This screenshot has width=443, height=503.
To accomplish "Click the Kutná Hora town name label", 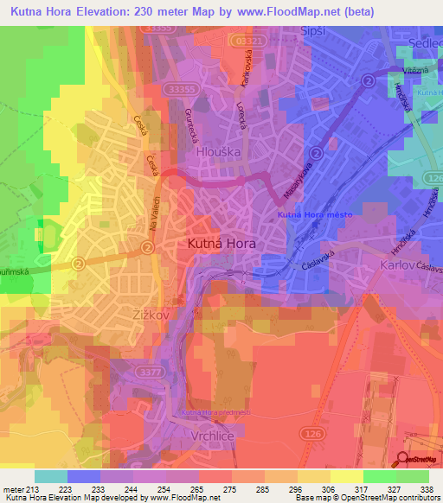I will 221,245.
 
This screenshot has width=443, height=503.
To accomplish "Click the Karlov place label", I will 399,265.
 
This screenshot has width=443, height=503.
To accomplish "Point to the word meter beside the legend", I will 12,488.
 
